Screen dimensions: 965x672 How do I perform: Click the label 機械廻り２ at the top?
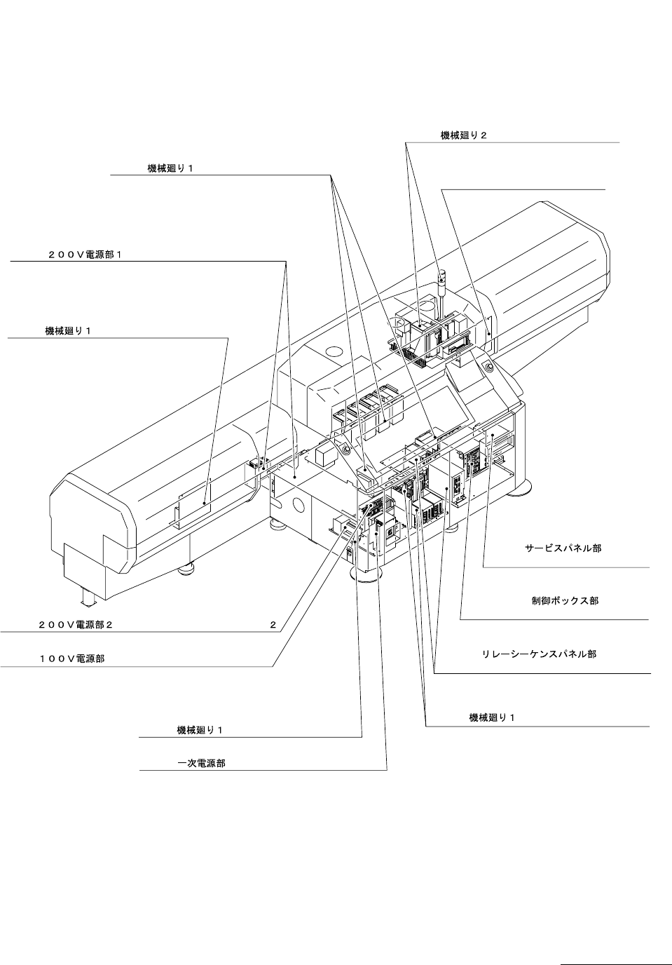[x=463, y=136]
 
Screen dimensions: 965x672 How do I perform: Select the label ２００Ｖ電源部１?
[x=85, y=255]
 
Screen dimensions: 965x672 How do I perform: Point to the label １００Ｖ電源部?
[x=71, y=659]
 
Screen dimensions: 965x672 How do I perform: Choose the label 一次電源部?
[x=201, y=764]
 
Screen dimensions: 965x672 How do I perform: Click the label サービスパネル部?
[x=563, y=548]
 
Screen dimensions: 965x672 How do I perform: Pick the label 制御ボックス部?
[x=565, y=601]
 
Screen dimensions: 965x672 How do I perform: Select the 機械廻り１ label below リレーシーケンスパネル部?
[x=492, y=717]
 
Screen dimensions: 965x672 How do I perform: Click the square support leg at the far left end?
[x=88, y=598]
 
